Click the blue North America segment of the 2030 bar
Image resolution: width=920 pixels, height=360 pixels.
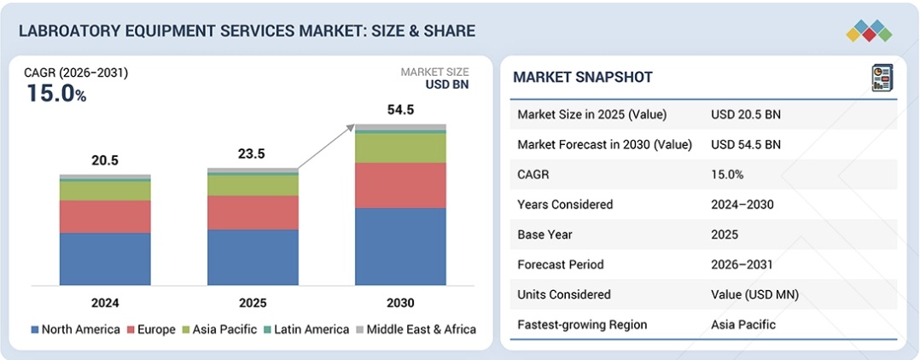point(400,247)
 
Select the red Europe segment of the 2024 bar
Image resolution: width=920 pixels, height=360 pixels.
point(105,217)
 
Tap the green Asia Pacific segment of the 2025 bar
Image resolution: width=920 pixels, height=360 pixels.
point(253,185)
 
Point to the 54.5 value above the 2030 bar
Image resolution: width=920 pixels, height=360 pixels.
point(400,110)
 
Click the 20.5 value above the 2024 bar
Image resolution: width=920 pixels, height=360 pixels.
point(105,160)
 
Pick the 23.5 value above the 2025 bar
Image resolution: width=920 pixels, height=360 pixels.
point(253,154)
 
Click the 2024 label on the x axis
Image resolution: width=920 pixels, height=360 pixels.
point(105,303)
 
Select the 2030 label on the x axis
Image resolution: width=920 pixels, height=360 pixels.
point(400,303)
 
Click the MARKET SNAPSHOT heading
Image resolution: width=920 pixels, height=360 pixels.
point(582,78)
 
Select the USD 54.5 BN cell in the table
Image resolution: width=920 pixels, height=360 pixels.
point(745,144)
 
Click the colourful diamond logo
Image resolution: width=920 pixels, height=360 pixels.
point(869,32)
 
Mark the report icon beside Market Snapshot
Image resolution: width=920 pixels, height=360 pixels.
point(881,78)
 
